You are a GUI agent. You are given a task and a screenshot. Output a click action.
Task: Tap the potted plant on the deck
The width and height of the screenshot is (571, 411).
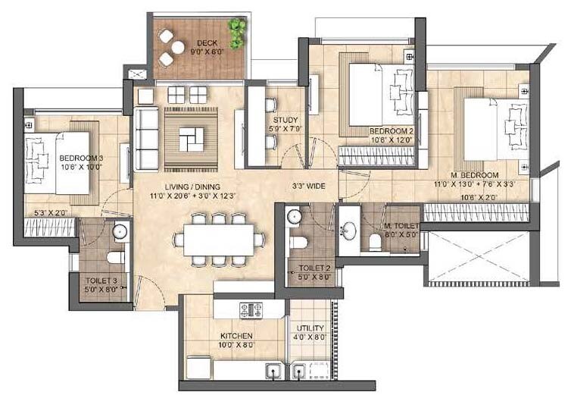pos(239,31)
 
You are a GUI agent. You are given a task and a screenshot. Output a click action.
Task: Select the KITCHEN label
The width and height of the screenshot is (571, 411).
pos(237,336)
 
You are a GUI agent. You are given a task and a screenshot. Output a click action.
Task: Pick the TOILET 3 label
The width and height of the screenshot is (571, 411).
pos(101,281)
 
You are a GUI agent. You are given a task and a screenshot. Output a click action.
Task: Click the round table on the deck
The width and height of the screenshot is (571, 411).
pos(176,48)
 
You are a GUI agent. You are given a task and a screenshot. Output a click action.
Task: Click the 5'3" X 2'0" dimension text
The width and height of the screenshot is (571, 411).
pos(50,214)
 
